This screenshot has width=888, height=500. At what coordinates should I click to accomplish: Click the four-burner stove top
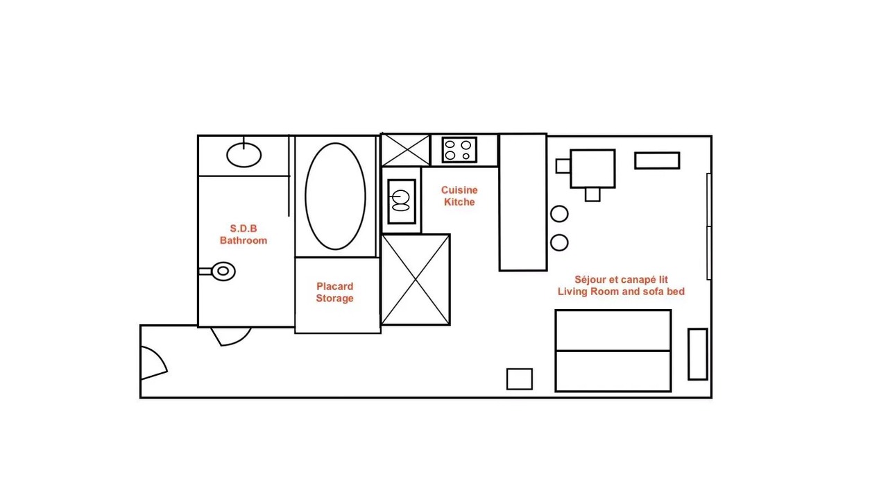click(459, 150)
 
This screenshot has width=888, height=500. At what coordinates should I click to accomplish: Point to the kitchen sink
click(402, 201)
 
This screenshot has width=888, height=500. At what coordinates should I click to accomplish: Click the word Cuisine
click(459, 190)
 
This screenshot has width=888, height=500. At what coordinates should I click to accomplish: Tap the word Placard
click(334, 286)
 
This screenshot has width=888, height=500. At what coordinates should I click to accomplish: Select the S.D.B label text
click(244, 228)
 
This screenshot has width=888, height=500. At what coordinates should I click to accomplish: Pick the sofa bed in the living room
click(613, 351)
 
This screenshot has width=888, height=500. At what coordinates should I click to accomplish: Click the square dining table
click(592, 169)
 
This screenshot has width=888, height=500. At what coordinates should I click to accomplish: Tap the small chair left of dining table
click(563, 166)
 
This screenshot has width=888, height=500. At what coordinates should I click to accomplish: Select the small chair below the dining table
click(592, 194)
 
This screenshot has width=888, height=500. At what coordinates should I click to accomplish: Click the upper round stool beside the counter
click(559, 214)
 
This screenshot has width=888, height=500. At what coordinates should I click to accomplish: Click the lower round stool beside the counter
click(559, 242)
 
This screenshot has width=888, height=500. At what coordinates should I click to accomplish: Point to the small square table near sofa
click(520, 379)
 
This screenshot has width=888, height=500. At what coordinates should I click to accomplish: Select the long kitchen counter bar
click(523, 202)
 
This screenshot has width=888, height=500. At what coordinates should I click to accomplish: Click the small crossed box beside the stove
click(406, 150)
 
